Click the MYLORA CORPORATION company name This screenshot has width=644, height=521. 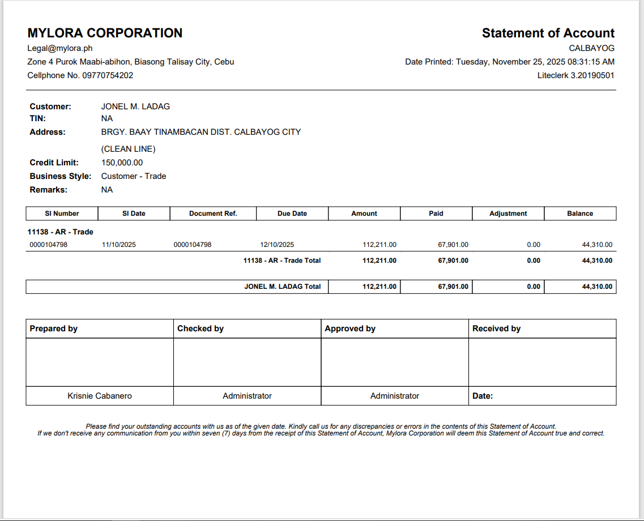tap(105, 33)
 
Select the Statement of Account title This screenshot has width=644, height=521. tap(548, 33)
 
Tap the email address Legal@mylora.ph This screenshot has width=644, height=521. tap(60, 48)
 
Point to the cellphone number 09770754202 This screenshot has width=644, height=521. tap(108, 75)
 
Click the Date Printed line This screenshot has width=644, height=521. tap(509, 62)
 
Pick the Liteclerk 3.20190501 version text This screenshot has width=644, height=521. tap(575, 75)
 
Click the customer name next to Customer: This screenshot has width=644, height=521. tap(135, 106)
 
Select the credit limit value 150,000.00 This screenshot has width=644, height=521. tap(122, 163)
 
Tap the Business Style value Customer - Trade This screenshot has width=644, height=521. tap(134, 176)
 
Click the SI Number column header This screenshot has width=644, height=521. tap(62, 213)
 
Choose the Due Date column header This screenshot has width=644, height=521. tap(292, 213)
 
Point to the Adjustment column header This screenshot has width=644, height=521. tap(508, 213)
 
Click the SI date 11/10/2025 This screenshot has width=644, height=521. tap(119, 245)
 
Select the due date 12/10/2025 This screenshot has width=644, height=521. tap(277, 245)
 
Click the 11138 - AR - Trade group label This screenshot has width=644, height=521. tap(60, 232)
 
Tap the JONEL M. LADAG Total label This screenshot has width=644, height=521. tap(283, 287)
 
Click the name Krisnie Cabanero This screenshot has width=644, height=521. tap(100, 396)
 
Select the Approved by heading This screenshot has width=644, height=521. tap(350, 328)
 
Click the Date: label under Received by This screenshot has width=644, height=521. tap(483, 396)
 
